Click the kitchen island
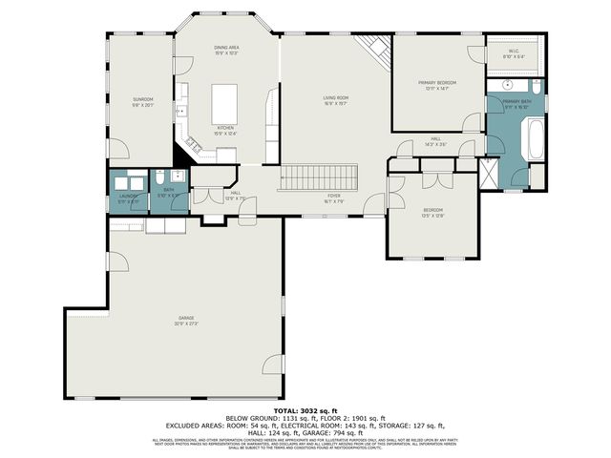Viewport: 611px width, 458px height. [225, 98]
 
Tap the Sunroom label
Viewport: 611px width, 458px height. [143, 102]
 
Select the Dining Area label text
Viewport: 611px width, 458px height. [226, 50]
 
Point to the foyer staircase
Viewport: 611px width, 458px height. [317, 177]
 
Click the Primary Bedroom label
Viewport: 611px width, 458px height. [437, 85]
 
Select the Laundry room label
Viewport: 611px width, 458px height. [128, 197]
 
